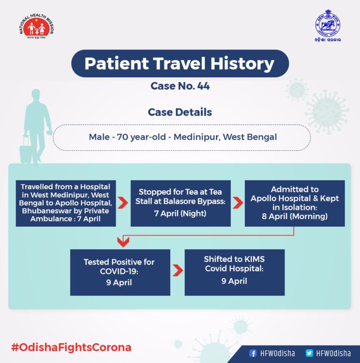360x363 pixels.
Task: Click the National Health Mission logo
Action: tap(37, 26)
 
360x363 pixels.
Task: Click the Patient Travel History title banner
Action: tap(180, 63)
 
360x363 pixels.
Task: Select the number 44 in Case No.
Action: tap(203, 86)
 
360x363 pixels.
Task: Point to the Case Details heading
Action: tap(180, 112)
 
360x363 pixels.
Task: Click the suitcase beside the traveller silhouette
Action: tap(25, 149)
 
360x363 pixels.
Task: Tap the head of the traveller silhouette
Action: tap(36, 96)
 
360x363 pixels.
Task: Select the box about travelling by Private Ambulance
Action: tap(66, 203)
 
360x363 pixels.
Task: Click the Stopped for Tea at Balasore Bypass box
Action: tap(180, 203)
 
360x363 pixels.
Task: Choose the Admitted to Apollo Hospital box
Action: tap(295, 203)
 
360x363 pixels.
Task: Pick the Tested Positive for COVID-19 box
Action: tap(120, 272)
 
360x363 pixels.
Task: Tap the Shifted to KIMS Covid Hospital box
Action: tap(234, 272)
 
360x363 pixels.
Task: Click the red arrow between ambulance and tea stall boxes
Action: tap(123, 203)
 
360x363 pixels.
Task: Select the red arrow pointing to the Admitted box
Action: tap(238, 203)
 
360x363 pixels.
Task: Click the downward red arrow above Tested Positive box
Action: tap(123, 242)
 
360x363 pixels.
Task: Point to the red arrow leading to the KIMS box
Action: tap(178, 270)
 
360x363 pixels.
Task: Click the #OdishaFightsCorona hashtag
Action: tap(71, 348)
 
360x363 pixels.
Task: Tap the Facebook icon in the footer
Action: tap(253, 353)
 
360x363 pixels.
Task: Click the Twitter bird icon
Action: tap(309, 353)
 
